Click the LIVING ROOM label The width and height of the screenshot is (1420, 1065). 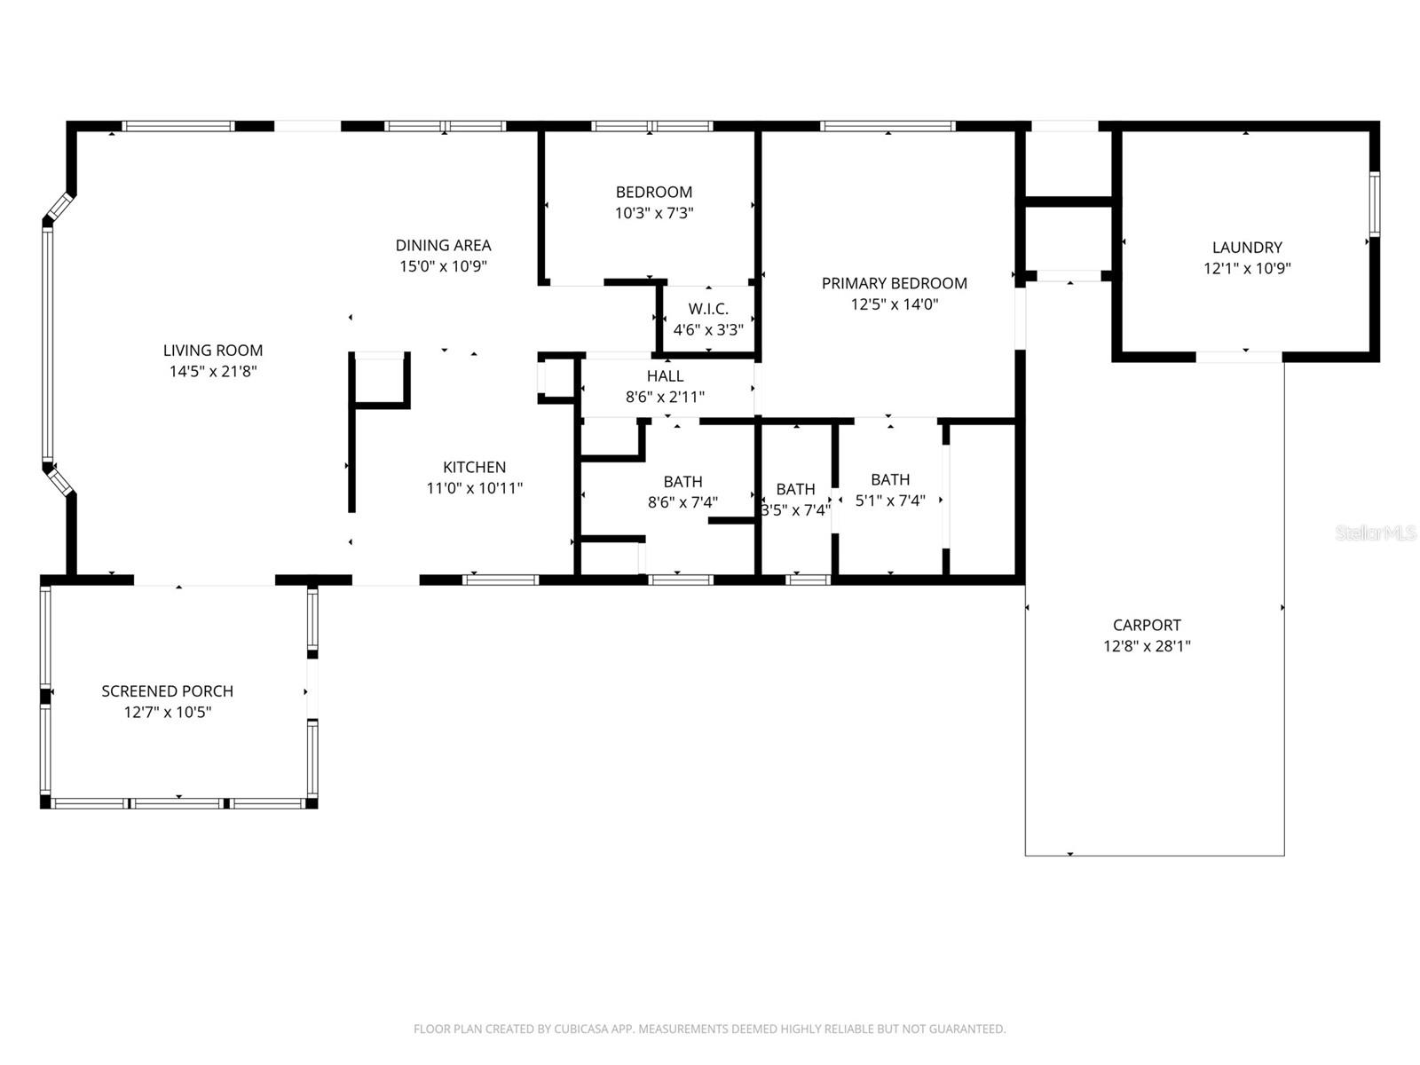tap(213, 351)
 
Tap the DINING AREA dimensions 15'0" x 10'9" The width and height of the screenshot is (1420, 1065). tap(443, 266)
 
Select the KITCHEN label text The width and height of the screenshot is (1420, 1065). tap(474, 467)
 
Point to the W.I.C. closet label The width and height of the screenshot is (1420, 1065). tap(708, 309)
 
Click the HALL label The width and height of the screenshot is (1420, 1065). tap(665, 376)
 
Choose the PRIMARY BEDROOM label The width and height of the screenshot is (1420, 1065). tap(894, 283)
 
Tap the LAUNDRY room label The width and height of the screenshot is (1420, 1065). tap(1247, 248)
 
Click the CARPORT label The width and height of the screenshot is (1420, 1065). tap(1147, 625)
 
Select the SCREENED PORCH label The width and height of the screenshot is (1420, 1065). tap(168, 690)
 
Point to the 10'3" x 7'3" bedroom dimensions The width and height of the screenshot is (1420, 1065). tap(654, 213)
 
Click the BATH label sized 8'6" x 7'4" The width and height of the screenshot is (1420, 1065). tap(682, 482)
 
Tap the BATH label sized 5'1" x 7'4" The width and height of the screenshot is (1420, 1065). tap(890, 479)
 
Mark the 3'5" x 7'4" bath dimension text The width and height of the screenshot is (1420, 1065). tap(796, 510)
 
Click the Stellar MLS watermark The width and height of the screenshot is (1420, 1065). tap(1375, 532)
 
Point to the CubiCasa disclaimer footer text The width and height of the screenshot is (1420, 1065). tap(709, 1029)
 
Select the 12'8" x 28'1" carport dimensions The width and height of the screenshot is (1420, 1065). tap(1147, 646)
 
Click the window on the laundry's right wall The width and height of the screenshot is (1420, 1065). tap(1374, 203)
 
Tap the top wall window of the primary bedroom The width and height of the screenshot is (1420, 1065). tap(887, 126)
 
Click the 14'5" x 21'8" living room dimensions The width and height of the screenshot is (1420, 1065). tap(213, 372)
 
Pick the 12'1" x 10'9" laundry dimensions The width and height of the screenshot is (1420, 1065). tap(1247, 269)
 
